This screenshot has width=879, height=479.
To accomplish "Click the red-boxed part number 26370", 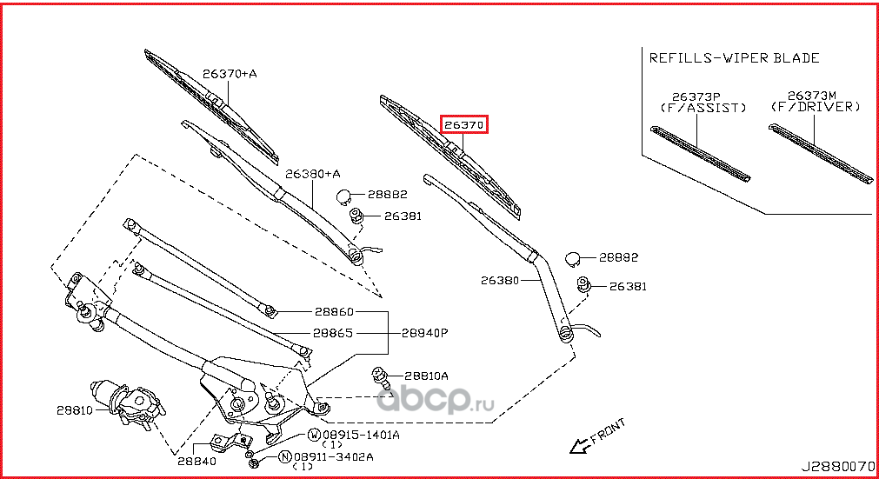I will click(x=464, y=125).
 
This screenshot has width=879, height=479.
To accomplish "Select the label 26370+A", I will click(x=230, y=74).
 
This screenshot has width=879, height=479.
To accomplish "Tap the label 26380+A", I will click(x=313, y=174).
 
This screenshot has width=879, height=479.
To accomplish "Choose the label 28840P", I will click(x=424, y=332).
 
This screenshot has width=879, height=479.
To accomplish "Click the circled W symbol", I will click(x=315, y=434).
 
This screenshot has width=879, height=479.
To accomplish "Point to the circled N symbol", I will click(x=284, y=456).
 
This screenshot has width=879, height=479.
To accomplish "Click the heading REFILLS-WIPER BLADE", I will click(x=735, y=58).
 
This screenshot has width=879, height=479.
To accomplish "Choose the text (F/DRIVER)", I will click(x=815, y=107).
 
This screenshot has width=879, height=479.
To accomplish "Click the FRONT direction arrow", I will click(x=579, y=445).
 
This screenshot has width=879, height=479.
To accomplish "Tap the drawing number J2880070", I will click(x=839, y=467).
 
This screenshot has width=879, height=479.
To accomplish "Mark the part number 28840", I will click(x=196, y=461).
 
